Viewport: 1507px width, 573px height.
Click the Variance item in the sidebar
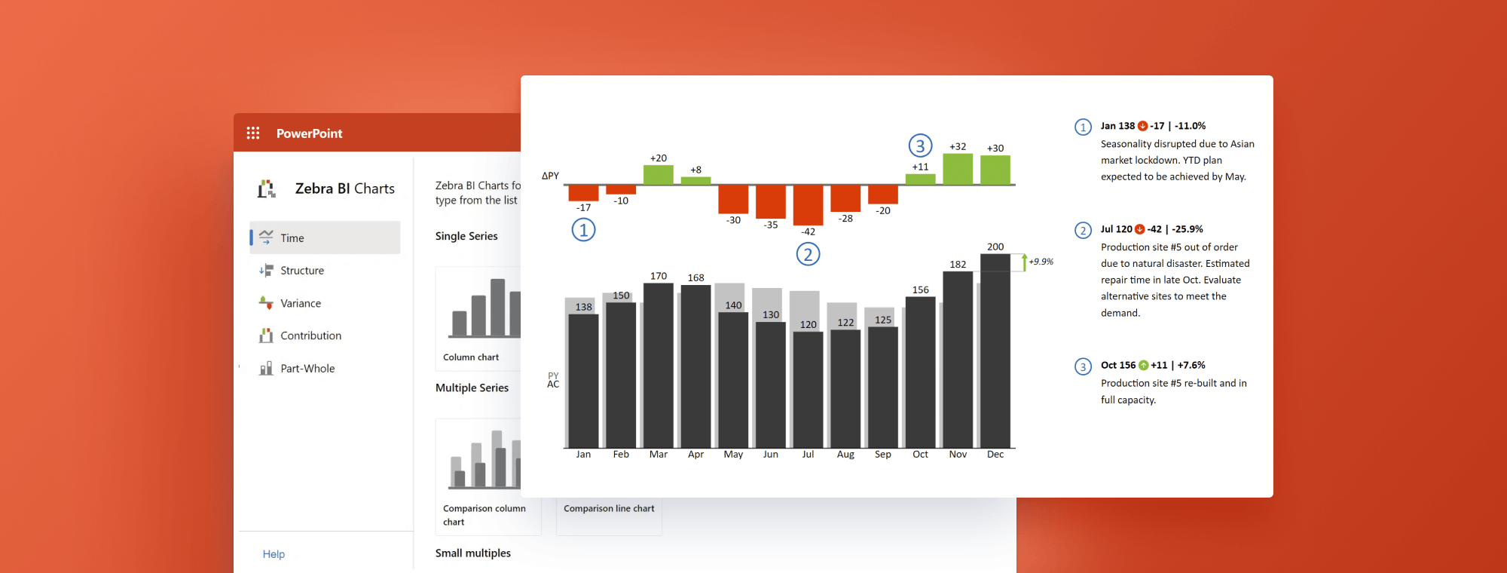(x=300, y=303)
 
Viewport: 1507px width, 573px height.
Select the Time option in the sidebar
(x=292, y=237)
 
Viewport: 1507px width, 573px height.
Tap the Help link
(x=274, y=554)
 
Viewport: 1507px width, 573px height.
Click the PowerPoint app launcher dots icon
(x=253, y=133)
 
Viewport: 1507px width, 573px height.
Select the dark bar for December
(x=995, y=354)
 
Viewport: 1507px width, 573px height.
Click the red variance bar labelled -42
(x=808, y=204)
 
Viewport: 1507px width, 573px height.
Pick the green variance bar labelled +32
(x=958, y=169)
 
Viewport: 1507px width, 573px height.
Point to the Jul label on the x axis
(x=808, y=455)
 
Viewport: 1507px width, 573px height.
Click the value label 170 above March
(x=659, y=276)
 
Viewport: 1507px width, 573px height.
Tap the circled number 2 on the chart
(x=808, y=254)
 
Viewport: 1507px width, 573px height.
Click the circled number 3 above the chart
(x=920, y=146)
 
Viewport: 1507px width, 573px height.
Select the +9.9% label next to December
(x=1041, y=262)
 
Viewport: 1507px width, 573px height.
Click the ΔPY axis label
(x=550, y=176)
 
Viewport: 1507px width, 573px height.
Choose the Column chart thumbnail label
(x=471, y=357)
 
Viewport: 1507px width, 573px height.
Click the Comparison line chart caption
(x=609, y=509)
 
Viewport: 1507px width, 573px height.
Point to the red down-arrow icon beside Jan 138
(x=1142, y=126)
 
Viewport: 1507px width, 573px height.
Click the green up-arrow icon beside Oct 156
(x=1143, y=365)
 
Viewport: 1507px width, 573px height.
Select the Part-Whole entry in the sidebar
(x=307, y=369)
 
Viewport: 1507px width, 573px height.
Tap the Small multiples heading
(x=472, y=553)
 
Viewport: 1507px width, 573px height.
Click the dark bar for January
(x=583, y=381)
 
